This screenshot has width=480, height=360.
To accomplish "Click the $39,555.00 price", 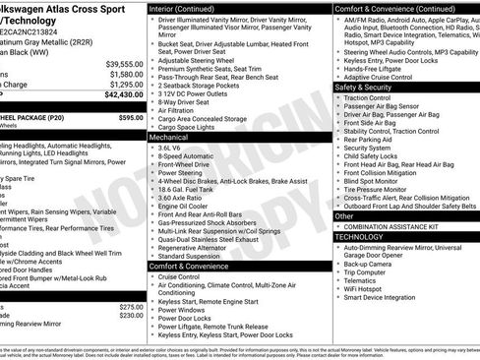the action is pos(124,63).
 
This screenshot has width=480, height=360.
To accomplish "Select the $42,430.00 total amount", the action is pos(122,95).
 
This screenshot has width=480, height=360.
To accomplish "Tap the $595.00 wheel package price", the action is pos(131,117).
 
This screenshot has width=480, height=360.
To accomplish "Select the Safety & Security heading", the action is pos(371,87).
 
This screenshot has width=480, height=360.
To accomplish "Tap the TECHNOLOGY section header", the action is pos(359,237).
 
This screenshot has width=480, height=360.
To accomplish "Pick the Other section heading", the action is pos(345,215).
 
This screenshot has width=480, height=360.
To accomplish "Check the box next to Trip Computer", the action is pos(339,273).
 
